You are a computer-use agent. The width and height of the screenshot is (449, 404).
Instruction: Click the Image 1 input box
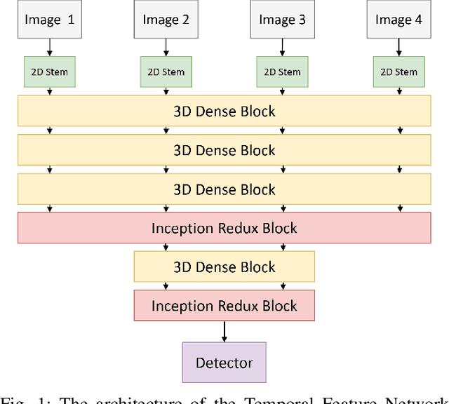pyautogui.click(x=49, y=19)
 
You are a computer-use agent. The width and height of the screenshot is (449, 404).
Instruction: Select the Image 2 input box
pyautogui.click(x=166, y=19)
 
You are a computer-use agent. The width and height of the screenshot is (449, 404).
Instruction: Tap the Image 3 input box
pyautogui.click(x=282, y=19)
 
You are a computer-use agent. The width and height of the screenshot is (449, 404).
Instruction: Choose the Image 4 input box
pyautogui.click(x=398, y=19)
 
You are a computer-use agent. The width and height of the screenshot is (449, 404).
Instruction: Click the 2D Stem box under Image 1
pyautogui.click(x=49, y=72)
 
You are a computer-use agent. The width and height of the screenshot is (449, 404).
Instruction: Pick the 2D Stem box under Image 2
pyautogui.click(x=166, y=72)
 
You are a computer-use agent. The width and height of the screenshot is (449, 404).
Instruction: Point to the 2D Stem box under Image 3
pyautogui.click(x=282, y=72)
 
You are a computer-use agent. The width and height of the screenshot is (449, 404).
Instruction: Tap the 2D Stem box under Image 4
pyautogui.click(x=398, y=72)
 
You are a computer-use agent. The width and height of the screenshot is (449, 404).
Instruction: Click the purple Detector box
pyautogui.click(x=224, y=363)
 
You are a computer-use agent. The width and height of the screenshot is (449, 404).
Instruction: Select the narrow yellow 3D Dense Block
pyautogui.click(x=224, y=267)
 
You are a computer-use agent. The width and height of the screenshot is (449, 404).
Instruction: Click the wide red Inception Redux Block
pyautogui.click(x=224, y=228)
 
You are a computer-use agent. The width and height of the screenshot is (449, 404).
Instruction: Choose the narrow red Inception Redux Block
pyautogui.click(x=224, y=306)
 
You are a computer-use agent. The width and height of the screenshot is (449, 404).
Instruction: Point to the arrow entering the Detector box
pyautogui.click(x=224, y=331)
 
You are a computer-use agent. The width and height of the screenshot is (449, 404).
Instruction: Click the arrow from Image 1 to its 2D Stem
pyautogui.click(x=49, y=47)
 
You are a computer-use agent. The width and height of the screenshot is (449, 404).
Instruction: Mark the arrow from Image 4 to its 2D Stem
pyautogui.click(x=398, y=47)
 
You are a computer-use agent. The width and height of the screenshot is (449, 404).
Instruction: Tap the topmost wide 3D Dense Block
pyautogui.click(x=224, y=111)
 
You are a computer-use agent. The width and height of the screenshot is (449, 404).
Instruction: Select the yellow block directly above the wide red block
pyautogui.click(x=224, y=189)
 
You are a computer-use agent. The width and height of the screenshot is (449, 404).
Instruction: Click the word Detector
pyautogui.click(x=224, y=363)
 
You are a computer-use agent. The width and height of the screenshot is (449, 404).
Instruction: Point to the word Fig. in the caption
pyautogui.click(x=15, y=399)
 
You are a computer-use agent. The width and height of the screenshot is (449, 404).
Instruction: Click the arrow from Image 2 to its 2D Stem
pyautogui.click(x=166, y=47)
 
